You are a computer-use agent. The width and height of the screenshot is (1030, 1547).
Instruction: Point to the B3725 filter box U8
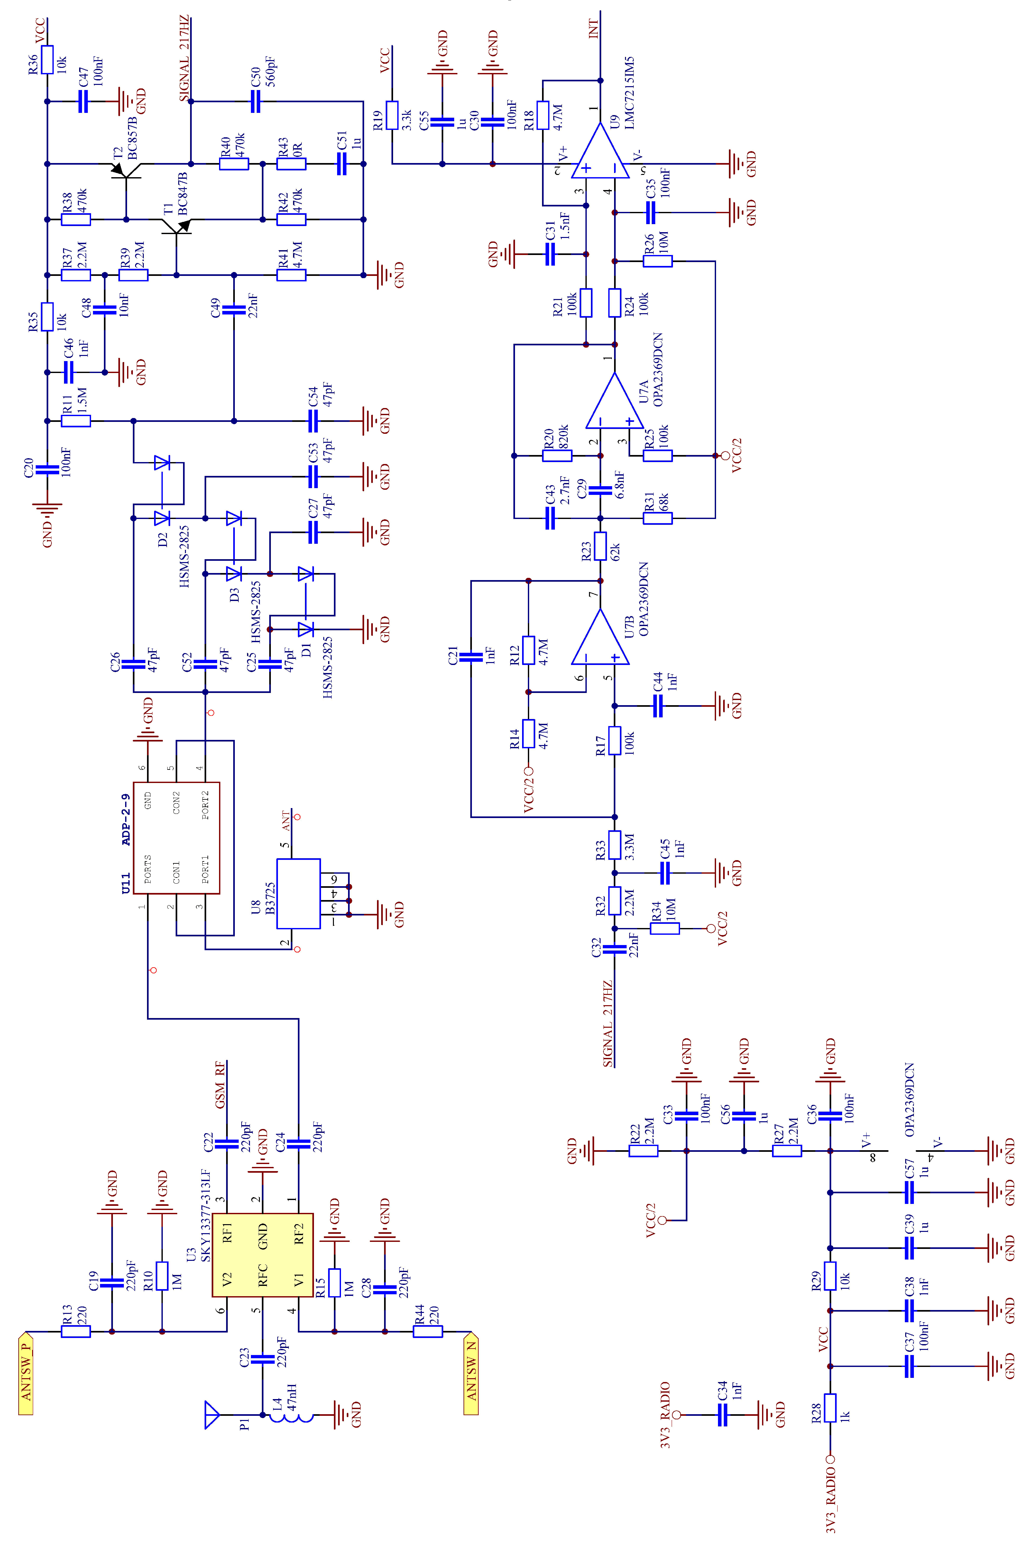[x=298, y=893]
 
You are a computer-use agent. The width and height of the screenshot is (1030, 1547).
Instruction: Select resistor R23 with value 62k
[x=600, y=546]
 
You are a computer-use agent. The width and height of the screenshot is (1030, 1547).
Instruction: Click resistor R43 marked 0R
[x=291, y=163]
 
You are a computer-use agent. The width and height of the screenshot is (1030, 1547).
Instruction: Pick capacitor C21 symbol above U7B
[x=471, y=657]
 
